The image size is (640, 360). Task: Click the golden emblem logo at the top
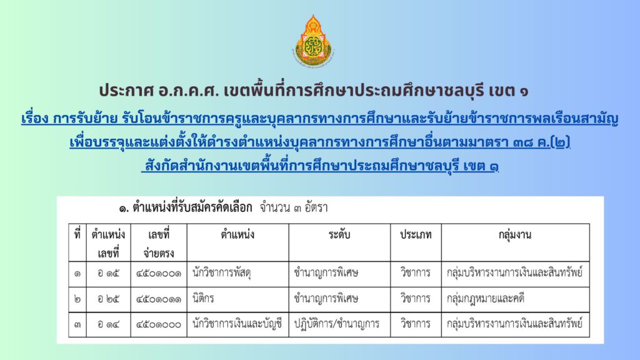coord(313,41)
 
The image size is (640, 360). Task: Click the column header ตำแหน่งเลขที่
coord(108,244)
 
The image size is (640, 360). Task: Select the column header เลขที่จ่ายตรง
coord(159,244)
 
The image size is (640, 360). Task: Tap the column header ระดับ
coord(339,235)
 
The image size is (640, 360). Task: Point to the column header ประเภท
coord(416,235)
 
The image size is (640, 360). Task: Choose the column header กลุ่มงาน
coord(515,236)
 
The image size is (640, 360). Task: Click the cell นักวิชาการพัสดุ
coord(222,273)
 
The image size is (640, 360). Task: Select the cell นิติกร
coord(203,298)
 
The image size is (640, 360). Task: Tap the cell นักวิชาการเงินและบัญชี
coord(237,324)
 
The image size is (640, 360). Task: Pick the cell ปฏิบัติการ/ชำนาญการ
coord(337,324)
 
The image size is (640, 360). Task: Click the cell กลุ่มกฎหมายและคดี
coord(486,299)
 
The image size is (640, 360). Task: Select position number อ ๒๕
coord(108,299)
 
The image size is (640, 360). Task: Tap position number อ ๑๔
coord(108,324)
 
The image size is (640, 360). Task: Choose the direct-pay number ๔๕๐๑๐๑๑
coord(159,299)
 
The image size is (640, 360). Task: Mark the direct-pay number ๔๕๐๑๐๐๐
coord(159,324)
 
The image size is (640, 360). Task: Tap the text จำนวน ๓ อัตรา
coord(294,207)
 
